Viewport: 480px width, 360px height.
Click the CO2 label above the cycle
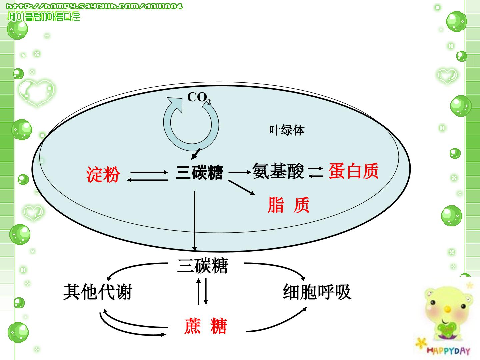[x=199, y=98]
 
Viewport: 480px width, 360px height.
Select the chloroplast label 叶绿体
[x=287, y=130]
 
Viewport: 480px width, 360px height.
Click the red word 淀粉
[x=103, y=174]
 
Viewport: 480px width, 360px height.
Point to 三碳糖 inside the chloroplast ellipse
[x=199, y=172]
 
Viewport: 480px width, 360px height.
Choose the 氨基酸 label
[x=278, y=171]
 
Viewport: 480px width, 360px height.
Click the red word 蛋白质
[x=353, y=171]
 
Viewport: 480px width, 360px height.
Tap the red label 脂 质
[x=289, y=205]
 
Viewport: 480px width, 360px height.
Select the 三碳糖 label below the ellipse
[x=202, y=265]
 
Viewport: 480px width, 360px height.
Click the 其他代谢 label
[x=98, y=292]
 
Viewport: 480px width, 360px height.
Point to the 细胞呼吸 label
[x=317, y=292]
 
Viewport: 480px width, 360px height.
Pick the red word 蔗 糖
[x=206, y=326]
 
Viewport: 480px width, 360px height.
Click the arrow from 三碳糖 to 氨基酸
[x=240, y=172]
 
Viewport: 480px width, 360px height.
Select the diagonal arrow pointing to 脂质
[x=242, y=187]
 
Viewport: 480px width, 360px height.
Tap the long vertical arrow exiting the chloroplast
[x=194, y=221]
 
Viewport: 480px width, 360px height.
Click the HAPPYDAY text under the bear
[x=448, y=351]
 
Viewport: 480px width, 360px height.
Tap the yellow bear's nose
[x=448, y=309]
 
